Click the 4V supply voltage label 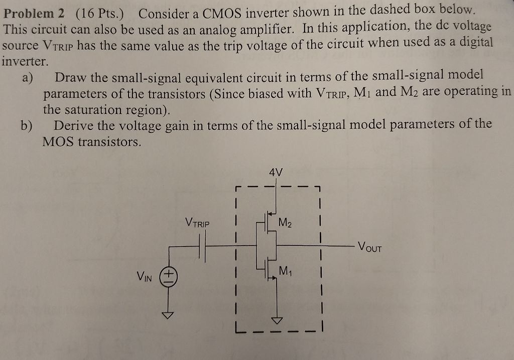coord(276,172)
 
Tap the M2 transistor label coord(285,221)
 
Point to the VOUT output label coord(370,247)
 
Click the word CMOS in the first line coord(223,13)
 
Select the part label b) coord(27,125)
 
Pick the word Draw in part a coord(70,78)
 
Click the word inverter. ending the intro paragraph coord(25,62)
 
